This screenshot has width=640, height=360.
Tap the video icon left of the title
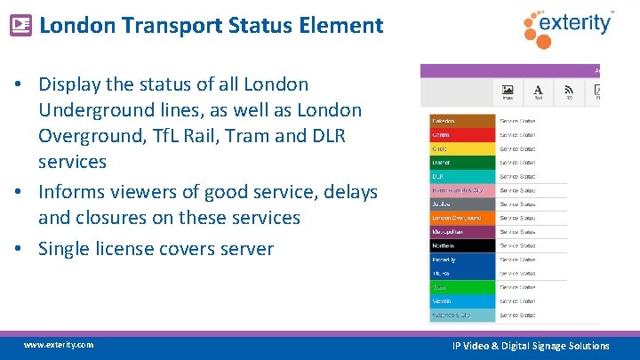click(20, 25)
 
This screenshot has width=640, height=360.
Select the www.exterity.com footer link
click(58, 345)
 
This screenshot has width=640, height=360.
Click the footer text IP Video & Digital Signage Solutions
click(531, 346)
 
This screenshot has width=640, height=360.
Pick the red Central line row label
click(460, 134)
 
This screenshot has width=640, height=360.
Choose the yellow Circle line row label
click(460, 148)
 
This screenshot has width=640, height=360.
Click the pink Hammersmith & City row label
click(460, 190)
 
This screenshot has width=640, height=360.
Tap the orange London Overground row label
click(460, 218)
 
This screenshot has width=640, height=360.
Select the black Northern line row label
click(460, 245)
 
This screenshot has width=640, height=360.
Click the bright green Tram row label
click(460, 287)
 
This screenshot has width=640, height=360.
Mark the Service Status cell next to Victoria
click(517, 301)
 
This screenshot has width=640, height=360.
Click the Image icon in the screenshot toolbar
click(508, 92)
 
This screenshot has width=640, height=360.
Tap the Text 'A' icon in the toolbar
click(539, 92)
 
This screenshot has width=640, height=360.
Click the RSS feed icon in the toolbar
click(569, 92)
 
